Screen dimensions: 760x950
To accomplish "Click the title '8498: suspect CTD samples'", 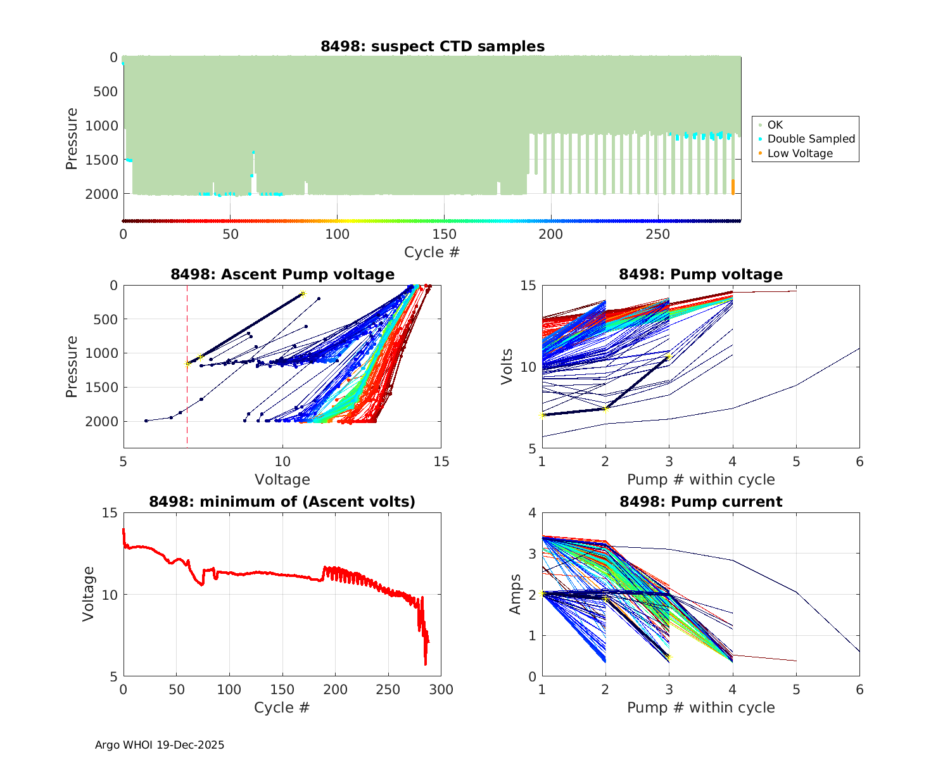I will (x=432, y=46).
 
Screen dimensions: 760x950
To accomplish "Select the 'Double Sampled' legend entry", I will (x=811, y=139).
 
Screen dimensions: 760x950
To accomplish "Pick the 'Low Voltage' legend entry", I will (x=800, y=153).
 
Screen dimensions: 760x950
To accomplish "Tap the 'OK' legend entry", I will (x=775, y=125).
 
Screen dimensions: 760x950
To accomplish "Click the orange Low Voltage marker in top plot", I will (x=733, y=187).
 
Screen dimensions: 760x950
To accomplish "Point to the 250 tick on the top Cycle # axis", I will (x=657, y=234).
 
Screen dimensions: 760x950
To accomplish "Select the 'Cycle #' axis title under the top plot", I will (x=432, y=252).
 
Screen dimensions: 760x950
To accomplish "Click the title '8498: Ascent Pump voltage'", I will (x=282, y=274).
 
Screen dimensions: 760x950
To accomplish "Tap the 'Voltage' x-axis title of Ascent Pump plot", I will (x=282, y=479).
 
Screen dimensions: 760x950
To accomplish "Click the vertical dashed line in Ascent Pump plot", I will (x=187, y=393).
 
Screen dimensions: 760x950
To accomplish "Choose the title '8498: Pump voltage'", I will (x=700, y=274).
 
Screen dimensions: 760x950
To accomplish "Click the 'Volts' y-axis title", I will (x=507, y=367).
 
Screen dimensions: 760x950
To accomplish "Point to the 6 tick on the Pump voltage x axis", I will (x=859, y=462).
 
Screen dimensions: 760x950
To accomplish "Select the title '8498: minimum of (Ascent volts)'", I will (x=282, y=502).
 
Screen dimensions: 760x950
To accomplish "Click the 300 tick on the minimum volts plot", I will (x=441, y=690).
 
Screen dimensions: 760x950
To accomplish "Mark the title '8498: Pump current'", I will (x=700, y=502).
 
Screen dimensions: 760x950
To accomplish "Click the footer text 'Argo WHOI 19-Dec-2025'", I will (x=160, y=745).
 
